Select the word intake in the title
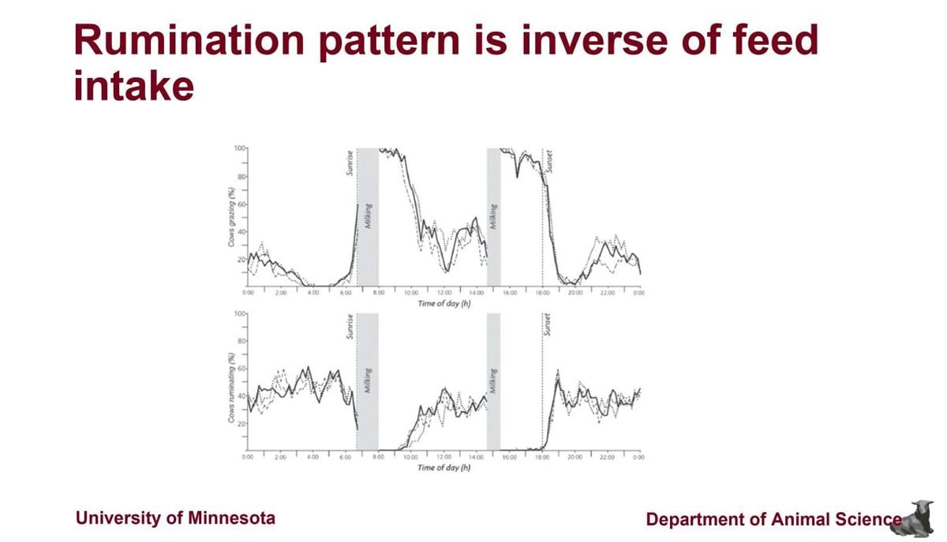133,85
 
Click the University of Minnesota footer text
175,518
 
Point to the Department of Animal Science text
773,519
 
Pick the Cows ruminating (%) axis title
231,382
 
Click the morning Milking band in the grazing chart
368,217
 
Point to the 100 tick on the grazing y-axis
239,148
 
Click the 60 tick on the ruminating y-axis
241,368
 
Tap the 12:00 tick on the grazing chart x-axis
444,293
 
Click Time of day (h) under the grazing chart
444,304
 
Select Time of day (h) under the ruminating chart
444,468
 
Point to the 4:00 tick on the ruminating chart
313,457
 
